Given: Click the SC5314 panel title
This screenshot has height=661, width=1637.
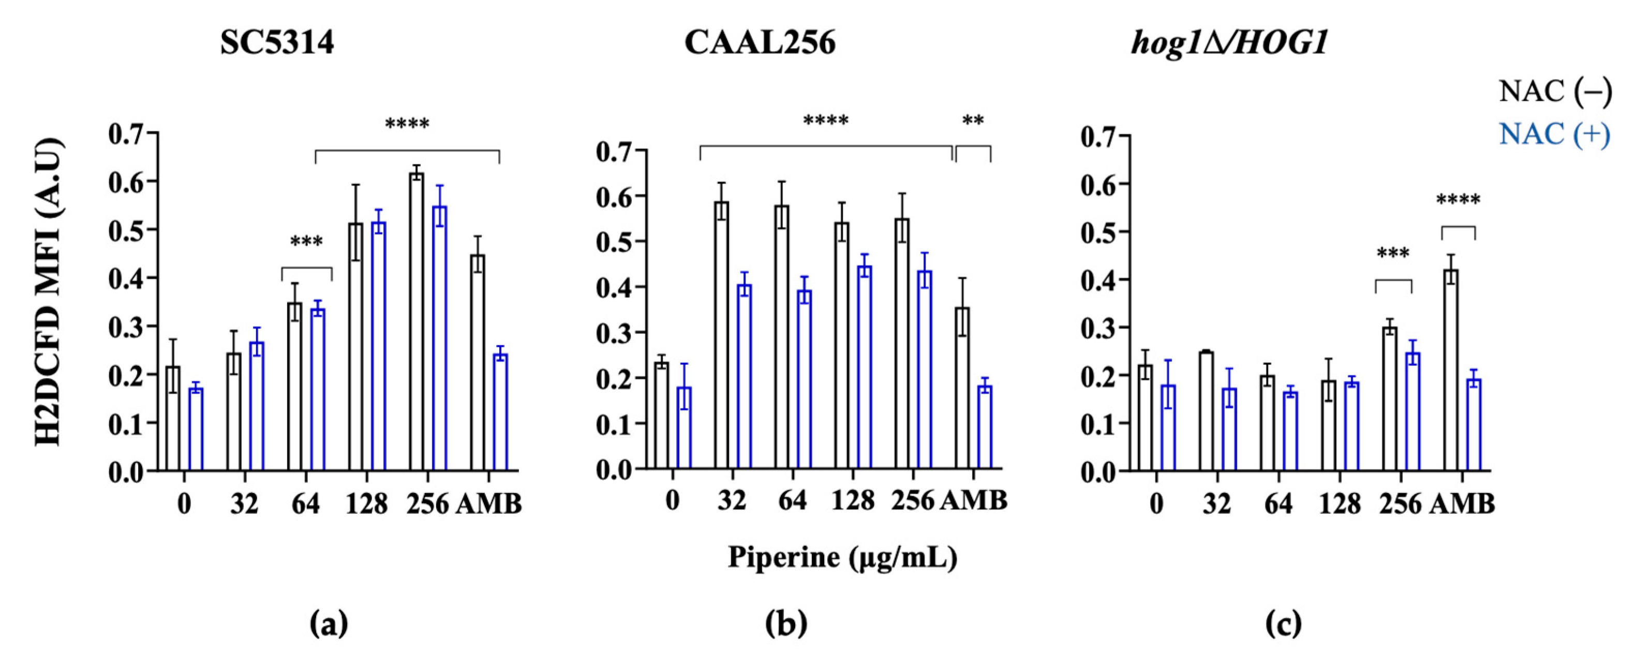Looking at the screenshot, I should (x=277, y=44).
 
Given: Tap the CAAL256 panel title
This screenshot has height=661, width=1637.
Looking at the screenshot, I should (x=760, y=44).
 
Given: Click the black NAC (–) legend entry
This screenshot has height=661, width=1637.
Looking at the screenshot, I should (x=1554, y=92).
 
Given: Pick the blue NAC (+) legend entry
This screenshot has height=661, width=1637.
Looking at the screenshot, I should (x=1554, y=134).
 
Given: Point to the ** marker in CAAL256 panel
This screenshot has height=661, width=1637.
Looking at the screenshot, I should (x=973, y=120).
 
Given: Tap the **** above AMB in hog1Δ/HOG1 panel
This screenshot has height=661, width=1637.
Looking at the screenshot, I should (x=1459, y=201).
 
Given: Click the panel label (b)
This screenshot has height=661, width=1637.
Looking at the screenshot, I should (x=786, y=625).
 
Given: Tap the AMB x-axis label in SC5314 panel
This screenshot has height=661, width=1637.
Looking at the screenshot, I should (x=489, y=505).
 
